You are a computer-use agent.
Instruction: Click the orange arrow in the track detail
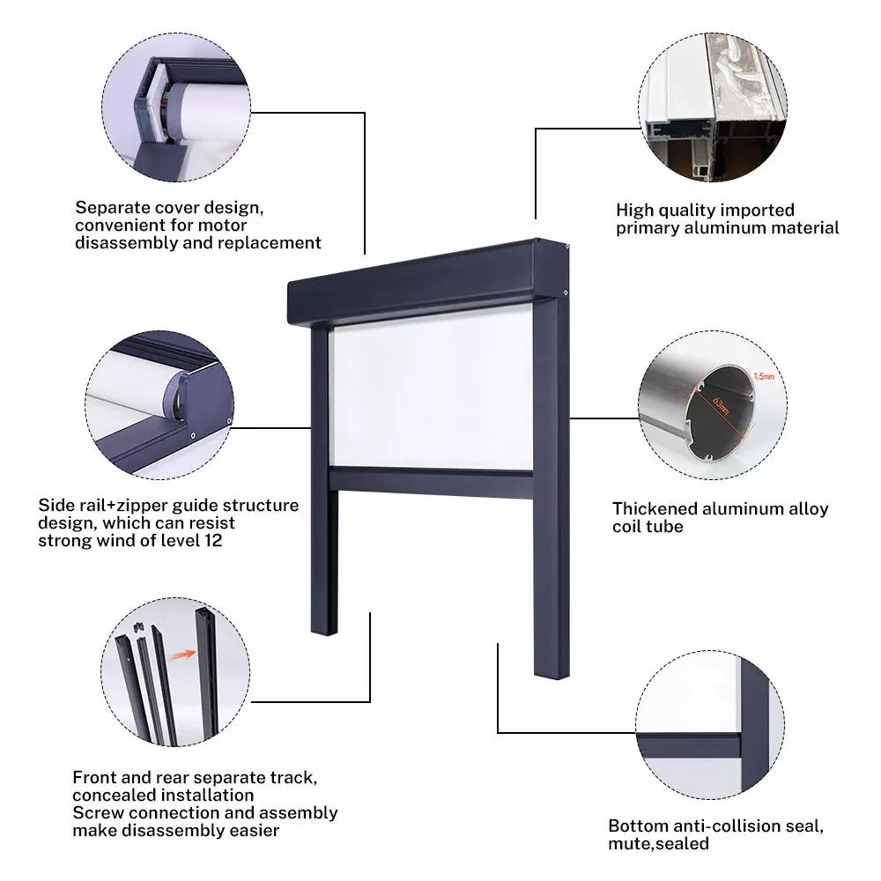click(182, 654)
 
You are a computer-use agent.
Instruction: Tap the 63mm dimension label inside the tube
click(721, 404)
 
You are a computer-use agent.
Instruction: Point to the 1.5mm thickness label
click(764, 376)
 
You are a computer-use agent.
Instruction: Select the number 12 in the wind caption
click(213, 541)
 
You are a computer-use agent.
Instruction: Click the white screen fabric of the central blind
click(432, 388)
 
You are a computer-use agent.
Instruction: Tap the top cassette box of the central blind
click(427, 284)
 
